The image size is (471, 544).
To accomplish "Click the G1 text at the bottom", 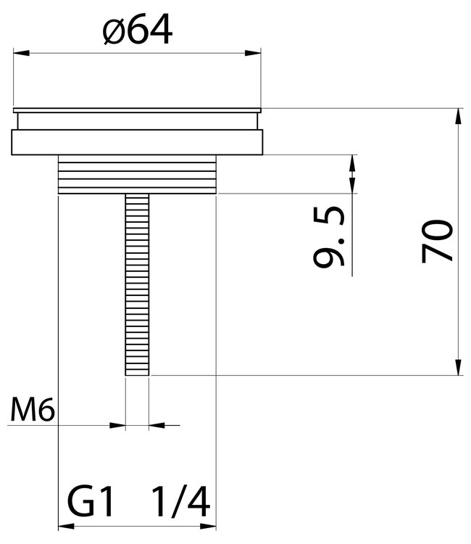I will tap(91, 501).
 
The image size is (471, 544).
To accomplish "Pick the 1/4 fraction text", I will tap(180, 501).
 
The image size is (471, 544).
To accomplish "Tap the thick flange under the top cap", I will tap(136, 141).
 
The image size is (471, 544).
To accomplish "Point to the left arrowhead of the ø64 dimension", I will tap(21, 52).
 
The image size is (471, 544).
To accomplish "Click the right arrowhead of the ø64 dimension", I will tap(254, 52).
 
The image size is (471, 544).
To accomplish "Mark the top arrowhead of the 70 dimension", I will tap(459, 116).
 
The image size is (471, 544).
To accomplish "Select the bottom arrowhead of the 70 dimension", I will tap(459, 368).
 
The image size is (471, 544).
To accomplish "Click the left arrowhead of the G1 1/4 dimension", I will tap(64, 524).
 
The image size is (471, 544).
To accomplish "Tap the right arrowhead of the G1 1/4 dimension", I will tap(210, 524).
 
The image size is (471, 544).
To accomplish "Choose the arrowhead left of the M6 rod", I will tap(117, 424).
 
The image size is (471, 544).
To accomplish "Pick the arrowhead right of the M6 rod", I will tap(157, 424).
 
